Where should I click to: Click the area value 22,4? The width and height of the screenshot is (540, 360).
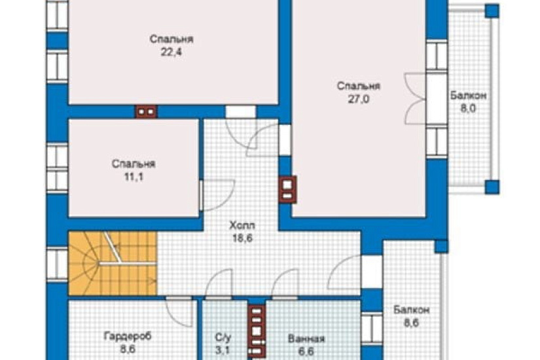[171, 52]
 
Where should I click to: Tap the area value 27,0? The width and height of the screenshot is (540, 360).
[358, 99]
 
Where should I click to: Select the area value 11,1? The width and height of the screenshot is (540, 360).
[134, 177]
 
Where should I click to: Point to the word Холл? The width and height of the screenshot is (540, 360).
[242, 226]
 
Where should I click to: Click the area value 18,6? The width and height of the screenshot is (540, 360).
[242, 238]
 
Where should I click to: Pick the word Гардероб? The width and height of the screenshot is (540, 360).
[128, 336]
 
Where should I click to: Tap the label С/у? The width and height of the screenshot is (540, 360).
[223, 338]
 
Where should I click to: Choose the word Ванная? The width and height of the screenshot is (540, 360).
[306, 339]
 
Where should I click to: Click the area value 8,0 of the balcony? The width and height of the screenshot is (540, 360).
[468, 109]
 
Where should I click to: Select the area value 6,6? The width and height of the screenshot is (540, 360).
[306, 351]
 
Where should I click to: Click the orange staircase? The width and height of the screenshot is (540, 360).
[113, 264]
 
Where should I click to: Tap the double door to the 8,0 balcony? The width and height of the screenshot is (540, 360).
[415, 98]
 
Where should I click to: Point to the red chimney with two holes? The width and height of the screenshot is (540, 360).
[147, 112]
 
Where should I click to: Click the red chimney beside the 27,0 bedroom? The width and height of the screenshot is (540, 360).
[287, 189]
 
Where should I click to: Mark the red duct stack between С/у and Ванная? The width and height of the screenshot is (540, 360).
[257, 331]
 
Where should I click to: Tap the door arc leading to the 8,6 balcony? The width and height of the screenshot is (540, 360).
[344, 272]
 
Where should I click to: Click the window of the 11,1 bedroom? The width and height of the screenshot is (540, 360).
[57, 168]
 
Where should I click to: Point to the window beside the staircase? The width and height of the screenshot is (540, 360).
[57, 264]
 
